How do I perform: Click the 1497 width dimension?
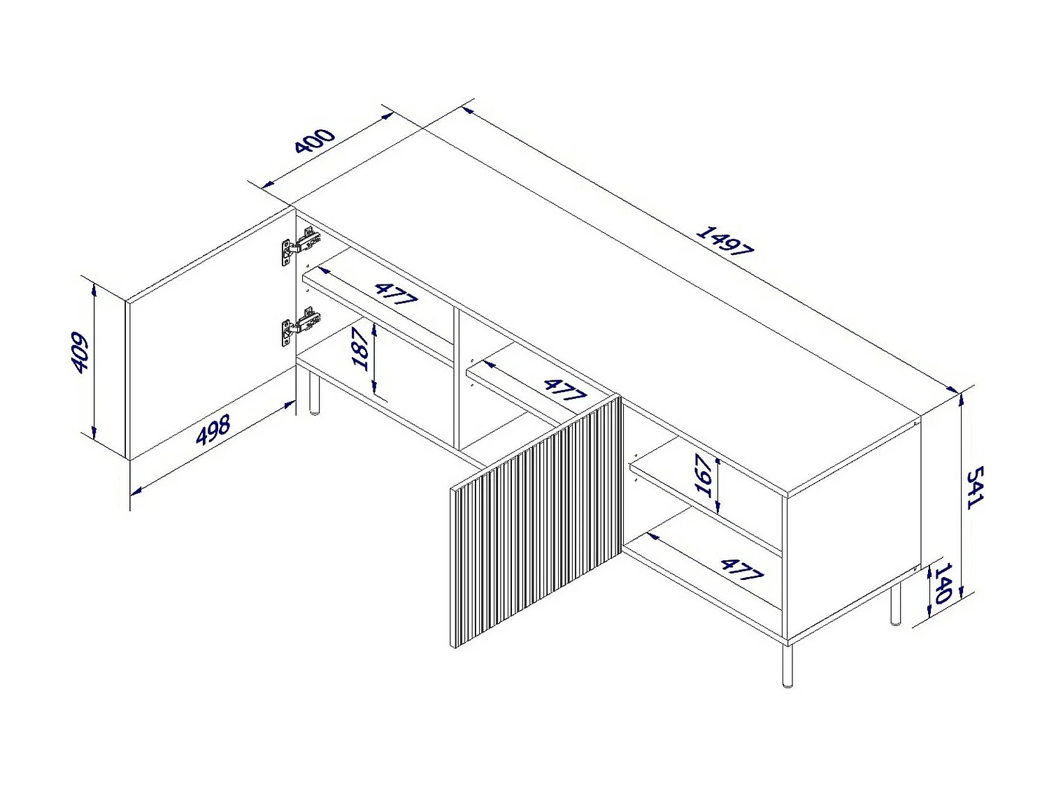click(724, 241)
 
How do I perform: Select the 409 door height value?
click(80, 353)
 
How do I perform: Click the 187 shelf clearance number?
click(361, 348)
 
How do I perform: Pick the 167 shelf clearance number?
click(704, 474)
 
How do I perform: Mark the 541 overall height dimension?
click(975, 488)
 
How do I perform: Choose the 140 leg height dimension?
click(943, 583)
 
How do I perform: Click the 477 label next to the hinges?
click(395, 294)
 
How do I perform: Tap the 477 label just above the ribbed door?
click(564, 390)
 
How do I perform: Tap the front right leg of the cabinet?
click(787, 664)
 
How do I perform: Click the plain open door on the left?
click(210, 335)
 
